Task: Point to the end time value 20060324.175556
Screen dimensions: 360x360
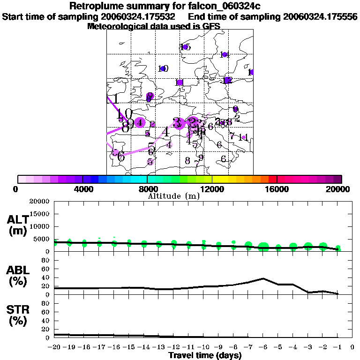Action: pyautogui.click(x=320, y=16)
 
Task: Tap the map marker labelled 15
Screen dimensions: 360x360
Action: pyautogui.click(x=186, y=47)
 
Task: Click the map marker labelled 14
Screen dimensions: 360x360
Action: pyautogui.click(x=225, y=55)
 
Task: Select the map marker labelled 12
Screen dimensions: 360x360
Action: pyautogui.click(x=228, y=81)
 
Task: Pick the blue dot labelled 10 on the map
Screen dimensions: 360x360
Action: pyautogui.click(x=163, y=69)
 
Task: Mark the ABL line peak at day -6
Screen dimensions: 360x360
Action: pyautogui.click(x=263, y=278)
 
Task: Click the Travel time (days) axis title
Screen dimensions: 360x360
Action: pyautogui.click(x=205, y=356)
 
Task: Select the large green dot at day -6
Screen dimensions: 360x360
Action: pyautogui.click(x=263, y=247)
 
